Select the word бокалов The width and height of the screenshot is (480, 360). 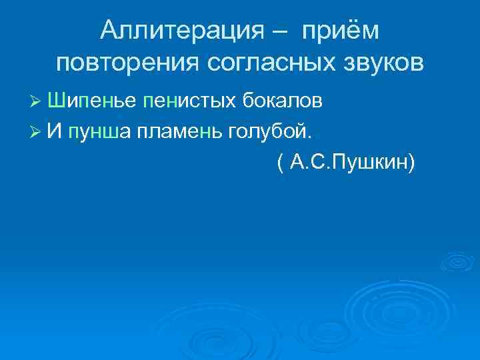coord(283,101)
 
